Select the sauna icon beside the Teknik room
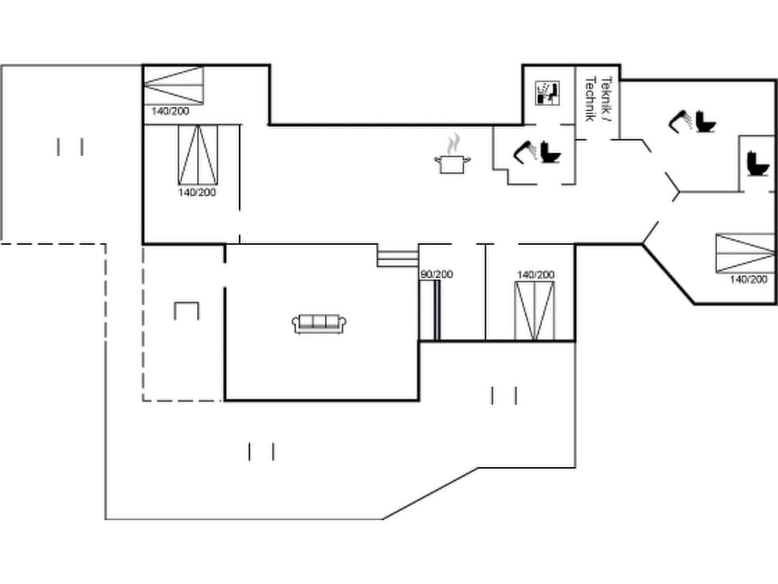(x=549, y=92)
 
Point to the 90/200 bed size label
(x=437, y=274)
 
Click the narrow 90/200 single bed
(x=436, y=310)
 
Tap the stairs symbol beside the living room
(x=396, y=257)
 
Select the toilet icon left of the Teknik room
(x=551, y=152)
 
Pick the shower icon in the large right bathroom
(x=680, y=121)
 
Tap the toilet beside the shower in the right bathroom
(x=704, y=122)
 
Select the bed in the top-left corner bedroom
(x=173, y=85)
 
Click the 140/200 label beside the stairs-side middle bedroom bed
(x=536, y=275)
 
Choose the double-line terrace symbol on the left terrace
(x=71, y=147)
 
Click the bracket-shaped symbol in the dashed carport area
(x=186, y=310)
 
